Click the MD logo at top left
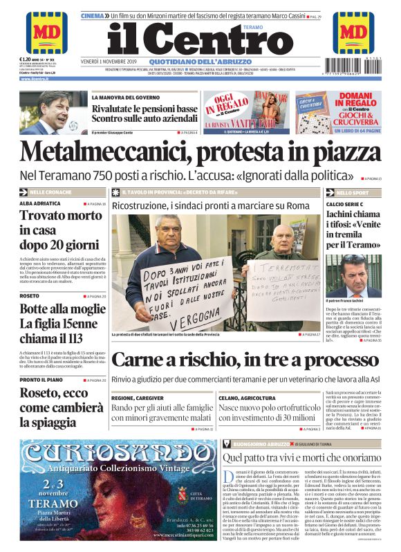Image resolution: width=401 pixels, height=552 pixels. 47,33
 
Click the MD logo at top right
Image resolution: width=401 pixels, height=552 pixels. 355,33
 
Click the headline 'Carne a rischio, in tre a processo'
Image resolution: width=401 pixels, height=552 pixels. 245,360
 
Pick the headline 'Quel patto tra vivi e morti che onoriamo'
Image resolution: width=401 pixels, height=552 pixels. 301,457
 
